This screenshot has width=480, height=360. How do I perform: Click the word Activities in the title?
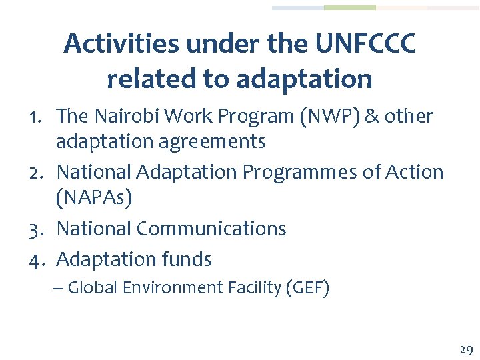pos(121,45)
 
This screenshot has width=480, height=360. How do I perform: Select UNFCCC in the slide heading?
pos(366,45)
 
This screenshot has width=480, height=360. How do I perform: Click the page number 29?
pos(465,349)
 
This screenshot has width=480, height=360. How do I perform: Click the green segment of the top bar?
pos(349,8)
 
